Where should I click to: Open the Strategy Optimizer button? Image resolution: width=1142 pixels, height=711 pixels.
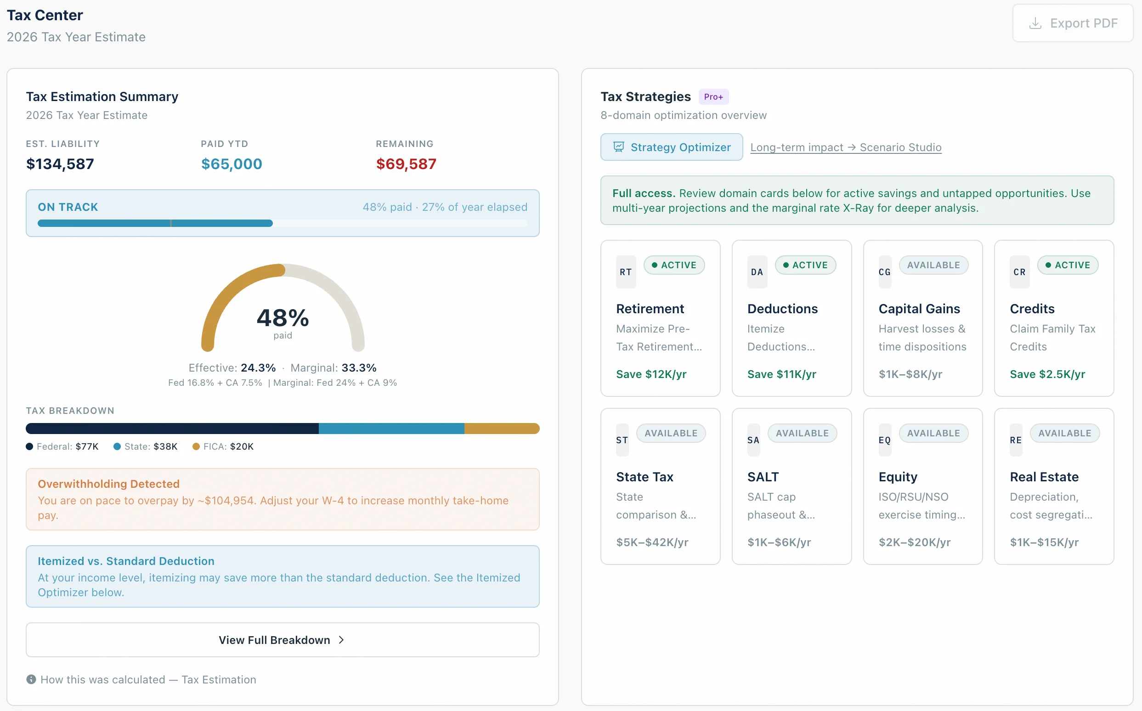click(671, 147)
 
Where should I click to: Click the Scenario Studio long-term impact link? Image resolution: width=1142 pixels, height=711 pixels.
click(845, 147)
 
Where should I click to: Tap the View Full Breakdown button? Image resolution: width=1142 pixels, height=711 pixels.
click(282, 639)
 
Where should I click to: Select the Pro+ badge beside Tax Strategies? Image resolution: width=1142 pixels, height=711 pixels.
click(713, 96)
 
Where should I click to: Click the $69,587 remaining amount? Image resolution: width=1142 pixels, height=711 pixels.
click(406, 164)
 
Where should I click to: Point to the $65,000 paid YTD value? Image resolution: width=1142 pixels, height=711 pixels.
click(232, 164)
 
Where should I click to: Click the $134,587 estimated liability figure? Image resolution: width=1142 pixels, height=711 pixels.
click(60, 164)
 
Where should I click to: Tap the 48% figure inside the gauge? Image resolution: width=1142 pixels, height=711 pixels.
click(283, 318)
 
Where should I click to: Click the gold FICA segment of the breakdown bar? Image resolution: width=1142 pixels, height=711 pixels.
click(501, 429)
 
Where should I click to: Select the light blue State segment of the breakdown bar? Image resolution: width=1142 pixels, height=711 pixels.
click(391, 429)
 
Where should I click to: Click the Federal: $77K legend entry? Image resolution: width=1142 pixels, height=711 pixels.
click(62, 446)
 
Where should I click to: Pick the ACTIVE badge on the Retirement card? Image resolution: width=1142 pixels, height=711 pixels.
click(673, 265)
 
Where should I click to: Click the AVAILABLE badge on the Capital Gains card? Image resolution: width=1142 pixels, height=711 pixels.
click(933, 265)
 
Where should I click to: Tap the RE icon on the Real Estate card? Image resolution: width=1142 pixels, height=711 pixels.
click(1016, 440)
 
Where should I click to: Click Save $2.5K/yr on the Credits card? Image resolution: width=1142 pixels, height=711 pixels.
click(1047, 374)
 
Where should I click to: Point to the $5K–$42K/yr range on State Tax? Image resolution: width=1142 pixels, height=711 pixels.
click(652, 542)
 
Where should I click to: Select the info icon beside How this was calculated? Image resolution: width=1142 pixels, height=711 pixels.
click(31, 679)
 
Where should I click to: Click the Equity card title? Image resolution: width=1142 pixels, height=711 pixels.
click(898, 476)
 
